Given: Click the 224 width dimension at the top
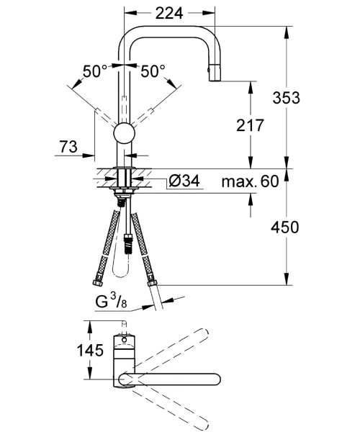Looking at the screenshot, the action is click(x=169, y=13).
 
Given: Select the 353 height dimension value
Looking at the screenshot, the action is click(x=286, y=98).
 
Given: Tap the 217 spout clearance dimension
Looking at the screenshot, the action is click(x=250, y=125).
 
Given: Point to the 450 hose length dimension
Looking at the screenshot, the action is click(x=285, y=228).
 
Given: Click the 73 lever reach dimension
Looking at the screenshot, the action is click(x=68, y=147).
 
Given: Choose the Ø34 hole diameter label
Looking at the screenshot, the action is click(x=184, y=181).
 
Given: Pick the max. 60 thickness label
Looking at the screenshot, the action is click(x=250, y=181).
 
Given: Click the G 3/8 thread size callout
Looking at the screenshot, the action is click(x=112, y=301).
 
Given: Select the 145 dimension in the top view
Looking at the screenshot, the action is click(x=90, y=351).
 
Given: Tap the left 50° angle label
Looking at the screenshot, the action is click(x=95, y=71).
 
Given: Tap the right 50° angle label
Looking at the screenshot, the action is click(x=153, y=71).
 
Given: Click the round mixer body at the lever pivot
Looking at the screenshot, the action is click(x=125, y=133).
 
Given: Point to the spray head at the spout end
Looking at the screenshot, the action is click(x=215, y=73).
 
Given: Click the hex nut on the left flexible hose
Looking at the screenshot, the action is click(x=95, y=283).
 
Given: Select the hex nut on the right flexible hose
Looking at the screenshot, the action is click(x=153, y=283).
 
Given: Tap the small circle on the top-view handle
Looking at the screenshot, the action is click(x=125, y=340).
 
